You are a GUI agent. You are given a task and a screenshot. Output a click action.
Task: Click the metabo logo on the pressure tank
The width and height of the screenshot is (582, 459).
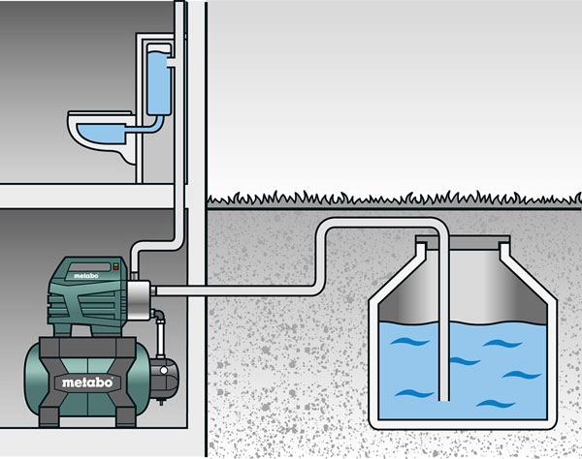(87, 382)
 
